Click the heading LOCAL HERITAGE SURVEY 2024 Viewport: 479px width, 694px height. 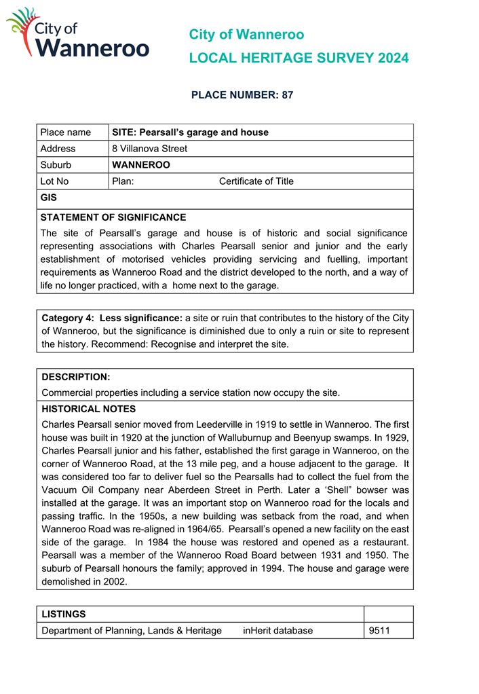[x=299, y=58]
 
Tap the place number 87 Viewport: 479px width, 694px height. [x=287, y=95]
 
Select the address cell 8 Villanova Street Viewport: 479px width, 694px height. [x=149, y=149]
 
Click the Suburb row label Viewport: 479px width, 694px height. [x=56, y=165]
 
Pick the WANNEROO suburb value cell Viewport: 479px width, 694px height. [x=140, y=165]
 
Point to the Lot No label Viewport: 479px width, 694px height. [x=54, y=181]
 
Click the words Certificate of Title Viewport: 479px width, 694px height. [x=256, y=181]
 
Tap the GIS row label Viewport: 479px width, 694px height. [x=49, y=198]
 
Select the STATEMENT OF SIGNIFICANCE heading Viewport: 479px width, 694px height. [x=113, y=218]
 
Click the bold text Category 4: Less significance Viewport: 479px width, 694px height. [x=112, y=318]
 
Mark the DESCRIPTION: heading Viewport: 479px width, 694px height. [x=76, y=377]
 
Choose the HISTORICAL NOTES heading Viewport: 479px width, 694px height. [x=88, y=409]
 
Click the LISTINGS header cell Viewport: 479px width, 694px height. [x=64, y=615]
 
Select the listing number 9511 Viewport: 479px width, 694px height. [x=379, y=631]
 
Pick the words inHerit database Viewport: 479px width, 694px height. [x=277, y=631]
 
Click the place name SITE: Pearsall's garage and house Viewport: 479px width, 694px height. [x=190, y=132]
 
